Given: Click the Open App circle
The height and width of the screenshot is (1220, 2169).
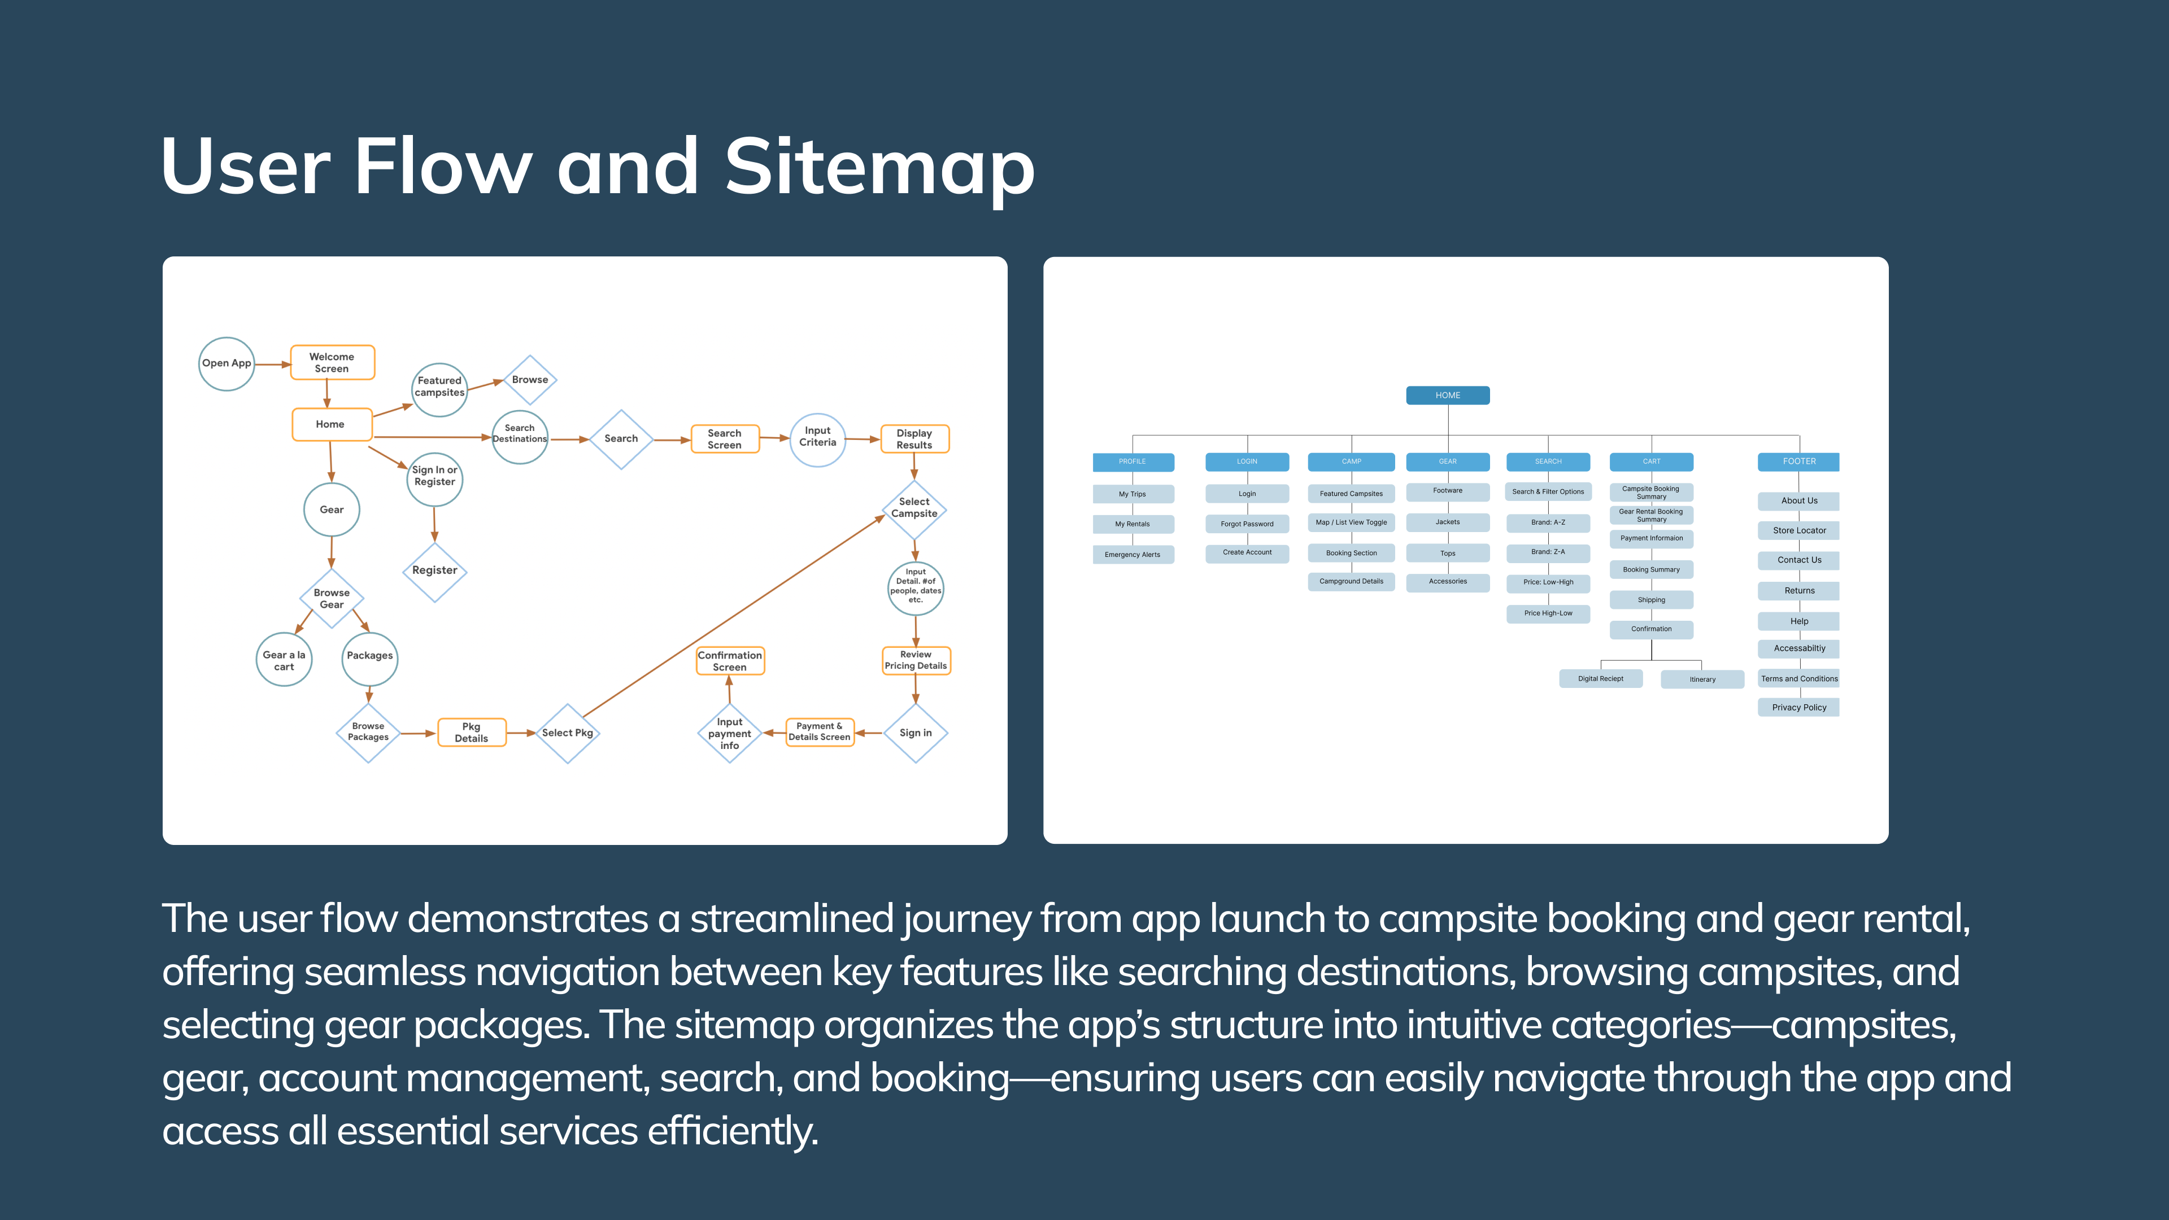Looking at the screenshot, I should point(226,364).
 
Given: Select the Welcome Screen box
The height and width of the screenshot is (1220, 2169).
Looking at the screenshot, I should point(332,363).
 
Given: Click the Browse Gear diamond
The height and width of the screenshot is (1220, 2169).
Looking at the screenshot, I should point(331,599).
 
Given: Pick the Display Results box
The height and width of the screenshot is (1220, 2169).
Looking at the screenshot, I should point(914,439).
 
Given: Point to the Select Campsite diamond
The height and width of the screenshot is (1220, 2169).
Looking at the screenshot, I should point(914,508).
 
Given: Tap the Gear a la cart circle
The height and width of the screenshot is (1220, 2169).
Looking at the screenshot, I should point(284,661).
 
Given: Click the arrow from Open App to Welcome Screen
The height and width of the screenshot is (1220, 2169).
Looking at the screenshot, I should point(272,364).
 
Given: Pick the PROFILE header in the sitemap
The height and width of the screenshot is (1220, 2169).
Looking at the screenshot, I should point(1133,462).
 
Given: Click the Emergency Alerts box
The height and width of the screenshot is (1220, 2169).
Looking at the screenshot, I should point(1133,555).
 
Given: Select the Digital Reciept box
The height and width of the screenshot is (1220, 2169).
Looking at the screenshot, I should point(1600,678).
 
